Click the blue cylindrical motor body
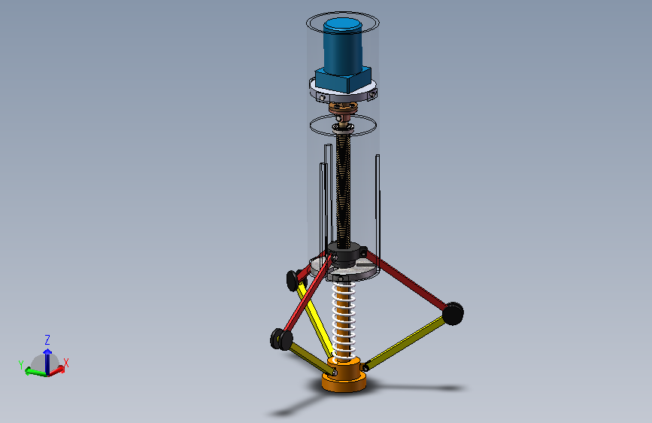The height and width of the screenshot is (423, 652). pyautogui.click(x=343, y=46)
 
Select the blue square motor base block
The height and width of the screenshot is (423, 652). pyautogui.click(x=343, y=79)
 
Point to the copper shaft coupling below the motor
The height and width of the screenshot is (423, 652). pyautogui.click(x=343, y=108)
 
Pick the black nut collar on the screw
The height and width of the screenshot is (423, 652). pyautogui.click(x=344, y=254)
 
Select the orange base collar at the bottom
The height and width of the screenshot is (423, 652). pyautogui.click(x=344, y=375)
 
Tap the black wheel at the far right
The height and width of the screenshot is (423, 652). pyautogui.click(x=453, y=314)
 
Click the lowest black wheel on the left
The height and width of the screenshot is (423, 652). pyautogui.click(x=281, y=339)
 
